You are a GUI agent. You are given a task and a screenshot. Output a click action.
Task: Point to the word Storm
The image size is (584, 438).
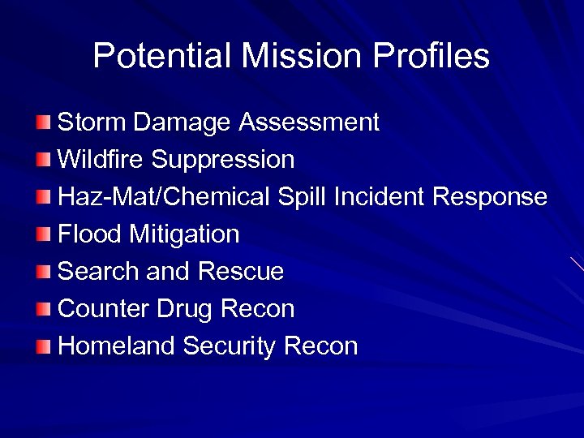tap(92, 123)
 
